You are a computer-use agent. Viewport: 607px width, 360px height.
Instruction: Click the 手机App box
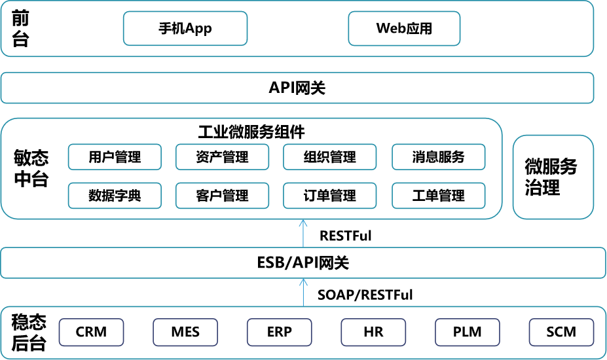[185, 28]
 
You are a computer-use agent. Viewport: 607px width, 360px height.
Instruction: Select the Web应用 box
[404, 28]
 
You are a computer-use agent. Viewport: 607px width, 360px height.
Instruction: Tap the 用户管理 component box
[115, 157]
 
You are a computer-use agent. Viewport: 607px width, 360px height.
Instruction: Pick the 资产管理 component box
[222, 157]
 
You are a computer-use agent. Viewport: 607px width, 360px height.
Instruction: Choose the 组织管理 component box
[329, 157]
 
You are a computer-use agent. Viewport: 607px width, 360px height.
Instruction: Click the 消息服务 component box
[438, 157]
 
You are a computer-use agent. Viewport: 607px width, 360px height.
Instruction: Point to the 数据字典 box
[115, 195]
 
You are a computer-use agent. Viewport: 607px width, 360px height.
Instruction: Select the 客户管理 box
[222, 195]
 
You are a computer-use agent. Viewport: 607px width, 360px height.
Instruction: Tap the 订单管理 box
[329, 195]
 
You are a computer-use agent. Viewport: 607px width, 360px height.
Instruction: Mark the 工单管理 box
[438, 195]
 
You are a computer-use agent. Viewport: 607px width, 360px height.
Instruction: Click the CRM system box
[92, 332]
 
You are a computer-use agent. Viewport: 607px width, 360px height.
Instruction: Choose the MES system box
[185, 332]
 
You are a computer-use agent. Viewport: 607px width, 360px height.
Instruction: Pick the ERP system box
[280, 332]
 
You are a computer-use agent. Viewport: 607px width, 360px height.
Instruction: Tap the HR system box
[373, 332]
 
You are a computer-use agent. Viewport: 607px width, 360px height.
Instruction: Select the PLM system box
[468, 332]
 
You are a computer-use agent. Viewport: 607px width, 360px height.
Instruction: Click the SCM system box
[561, 332]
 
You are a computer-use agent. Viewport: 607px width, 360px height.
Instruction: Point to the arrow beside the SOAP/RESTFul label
[303, 293]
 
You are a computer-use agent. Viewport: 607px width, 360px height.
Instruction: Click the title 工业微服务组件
[251, 132]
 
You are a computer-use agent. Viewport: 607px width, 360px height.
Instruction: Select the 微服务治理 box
[553, 177]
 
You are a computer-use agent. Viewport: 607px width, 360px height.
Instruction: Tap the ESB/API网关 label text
[303, 263]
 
